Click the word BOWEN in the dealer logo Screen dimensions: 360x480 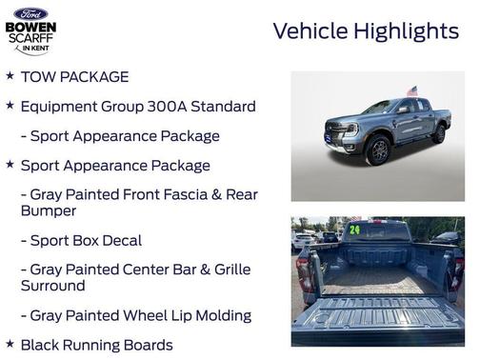pyautogui.click(x=30, y=27)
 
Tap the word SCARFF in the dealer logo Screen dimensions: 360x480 pyautogui.click(x=30, y=39)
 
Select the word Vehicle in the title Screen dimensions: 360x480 pyautogui.click(x=310, y=31)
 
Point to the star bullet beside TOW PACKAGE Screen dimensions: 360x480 pyautogui.click(x=10, y=76)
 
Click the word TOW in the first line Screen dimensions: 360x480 pyautogui.click(x=37, y=77)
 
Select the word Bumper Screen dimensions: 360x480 pyautogui.click(x=48, y=210)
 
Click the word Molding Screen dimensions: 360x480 pyautogui.click(x=223, y=315)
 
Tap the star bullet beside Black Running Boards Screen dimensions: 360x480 pyautogui.click(x=10, y=344)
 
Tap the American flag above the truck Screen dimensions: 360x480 pyautogui.click(x=411, y=91)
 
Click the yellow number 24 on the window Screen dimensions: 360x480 pyautogui.click(x=354, y=230)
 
